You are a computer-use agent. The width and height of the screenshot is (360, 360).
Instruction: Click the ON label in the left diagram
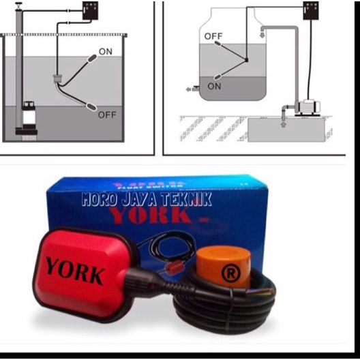(x=106, y=51)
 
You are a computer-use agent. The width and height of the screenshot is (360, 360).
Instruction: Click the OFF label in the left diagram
(x=107, y=115)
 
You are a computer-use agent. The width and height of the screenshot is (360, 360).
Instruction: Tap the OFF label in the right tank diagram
(x=213, y=35)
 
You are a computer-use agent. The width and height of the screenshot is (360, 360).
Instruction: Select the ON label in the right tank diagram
(x=214, y=87)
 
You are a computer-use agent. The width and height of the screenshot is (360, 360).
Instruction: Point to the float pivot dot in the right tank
(x=246, y=60)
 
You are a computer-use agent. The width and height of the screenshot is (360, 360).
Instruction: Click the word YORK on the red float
(x=75, y=271)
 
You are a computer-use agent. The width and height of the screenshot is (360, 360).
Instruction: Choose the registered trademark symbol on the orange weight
(x=229, y=271)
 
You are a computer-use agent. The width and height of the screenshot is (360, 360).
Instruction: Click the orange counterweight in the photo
(x=223, y=262)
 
